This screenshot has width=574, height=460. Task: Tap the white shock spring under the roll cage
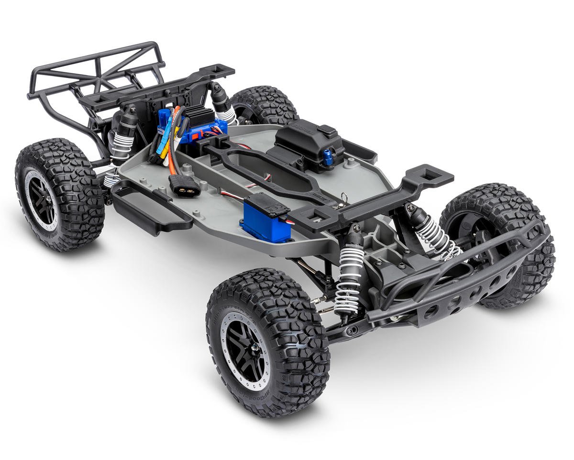tap(120, 144)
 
